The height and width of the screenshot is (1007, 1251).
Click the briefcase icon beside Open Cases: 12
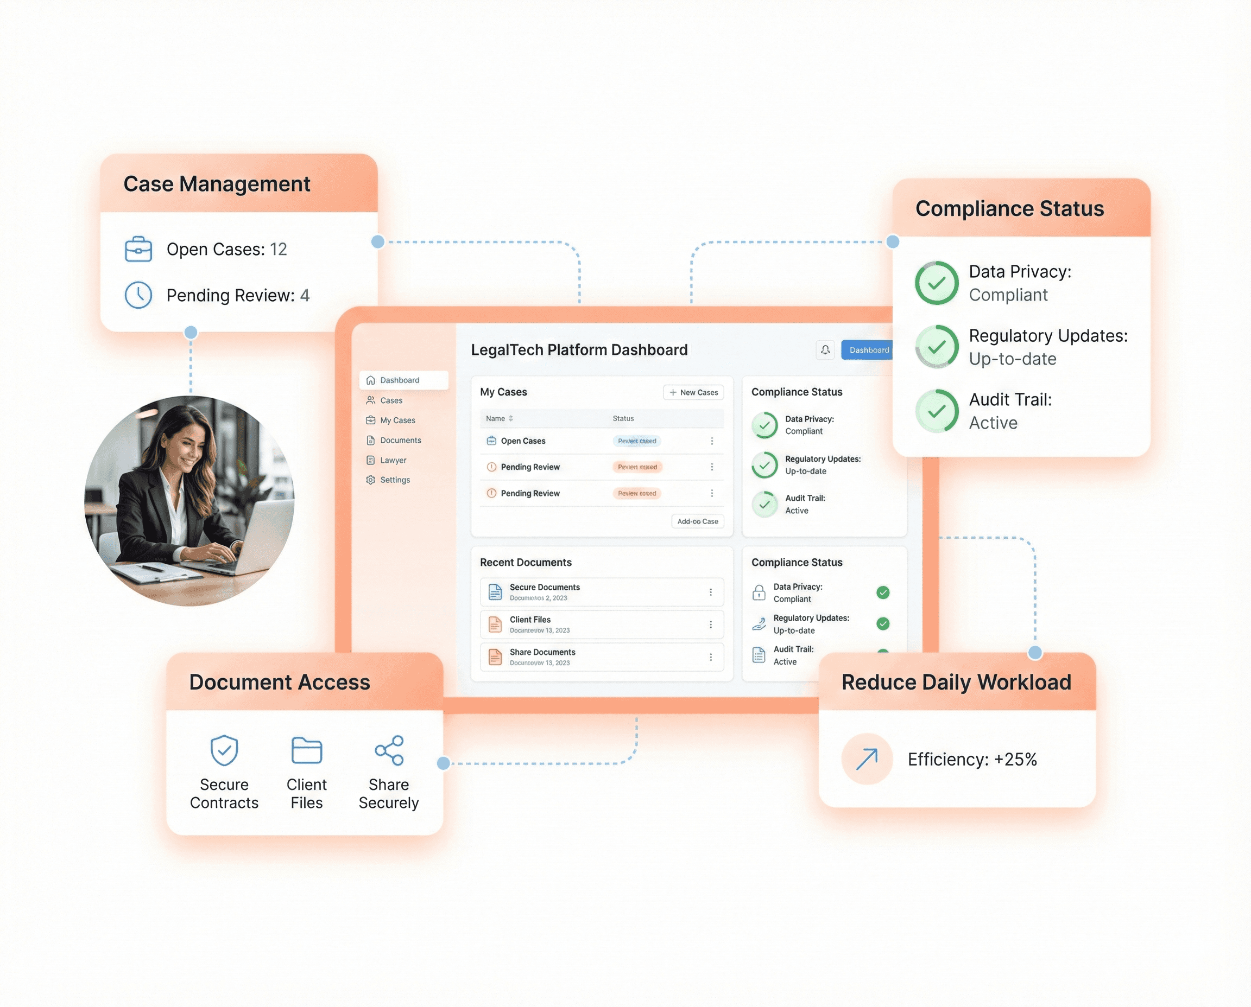tap(138, 250)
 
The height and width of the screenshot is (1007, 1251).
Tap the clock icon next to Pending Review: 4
tap(138, 295)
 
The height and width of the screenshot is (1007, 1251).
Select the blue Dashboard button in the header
tap(868, 350)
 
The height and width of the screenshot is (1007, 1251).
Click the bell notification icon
tap(825, 350)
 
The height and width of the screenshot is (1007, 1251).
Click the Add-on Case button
tap(697, 521)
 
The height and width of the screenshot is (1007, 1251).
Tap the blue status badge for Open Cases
tap(637, 441)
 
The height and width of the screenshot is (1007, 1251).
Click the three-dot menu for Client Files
tap(711, 624)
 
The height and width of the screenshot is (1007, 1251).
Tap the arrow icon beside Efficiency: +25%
tap(867, 759)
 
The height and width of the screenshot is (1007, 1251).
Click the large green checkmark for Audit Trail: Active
tap(937, 411)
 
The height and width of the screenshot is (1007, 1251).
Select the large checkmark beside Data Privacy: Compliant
tap(937, 283)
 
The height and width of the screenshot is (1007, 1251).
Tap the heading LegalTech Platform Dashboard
tap(579, 350)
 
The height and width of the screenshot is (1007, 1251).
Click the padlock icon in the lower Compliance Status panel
tap(759, 592)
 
